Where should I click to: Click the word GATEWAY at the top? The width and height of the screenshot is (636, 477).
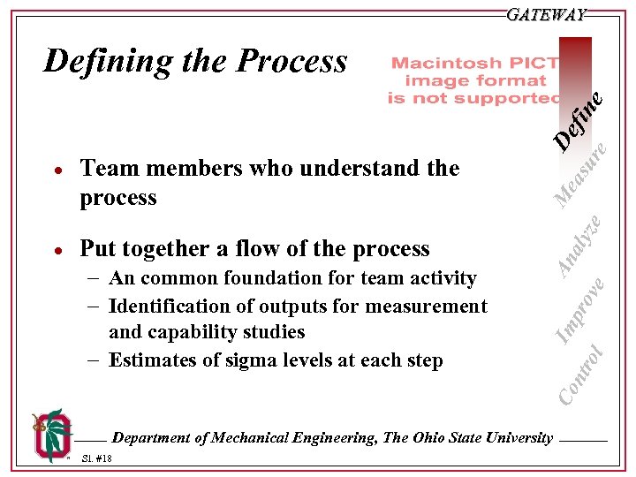click(547, 15)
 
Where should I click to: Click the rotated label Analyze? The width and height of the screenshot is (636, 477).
click(583, 243)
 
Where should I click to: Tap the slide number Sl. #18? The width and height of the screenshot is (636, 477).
click(96, 459)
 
